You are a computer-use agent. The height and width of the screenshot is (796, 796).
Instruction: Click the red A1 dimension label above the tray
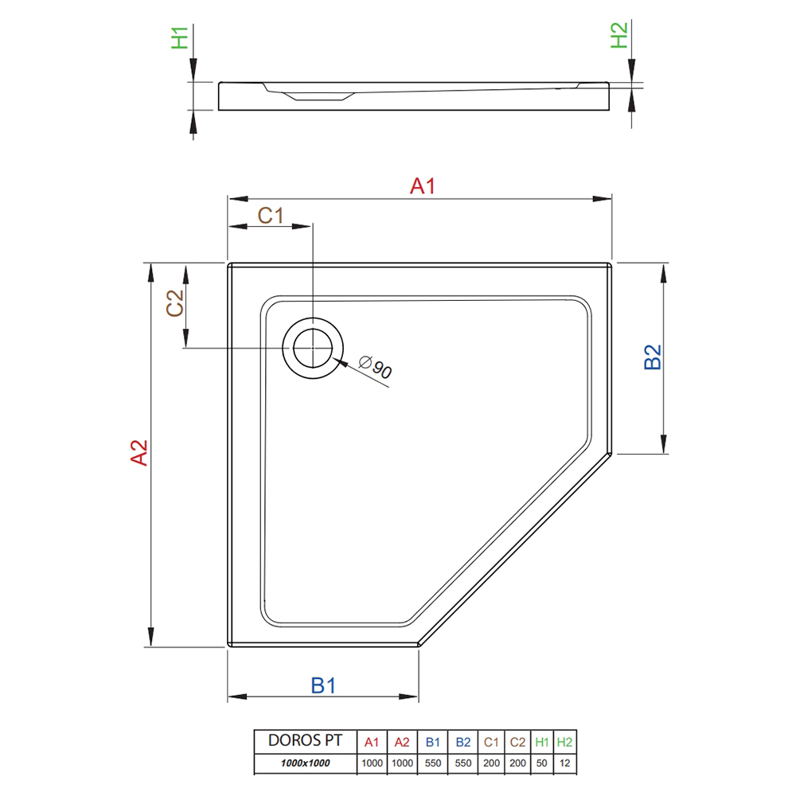[x=423, y=186]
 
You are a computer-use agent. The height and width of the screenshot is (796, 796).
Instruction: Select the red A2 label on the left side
[x=139, y=452]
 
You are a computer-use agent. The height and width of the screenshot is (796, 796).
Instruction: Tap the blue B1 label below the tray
[x=323, y=686]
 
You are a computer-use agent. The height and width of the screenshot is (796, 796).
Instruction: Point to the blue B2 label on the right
[x=653, y=357]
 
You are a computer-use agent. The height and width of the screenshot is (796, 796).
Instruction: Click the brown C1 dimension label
[x=271, y=216]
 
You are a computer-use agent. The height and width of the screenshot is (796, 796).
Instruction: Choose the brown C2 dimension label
[x=175, y=303]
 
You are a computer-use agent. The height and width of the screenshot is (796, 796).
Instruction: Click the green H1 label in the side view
[x=180, y=38]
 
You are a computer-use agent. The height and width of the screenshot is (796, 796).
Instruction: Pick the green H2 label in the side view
[x=618, y=36]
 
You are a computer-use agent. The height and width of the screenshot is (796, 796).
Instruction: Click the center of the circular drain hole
[x=313, y=349]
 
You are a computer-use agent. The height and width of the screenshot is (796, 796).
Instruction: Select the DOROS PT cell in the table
[x=305, y=740]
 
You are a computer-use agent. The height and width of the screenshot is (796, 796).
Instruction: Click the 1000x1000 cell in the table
[x=305, y=763]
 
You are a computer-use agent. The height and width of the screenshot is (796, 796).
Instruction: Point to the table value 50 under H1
[x=541, y=763]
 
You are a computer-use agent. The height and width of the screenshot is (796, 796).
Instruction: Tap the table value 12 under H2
[x=564, y=763]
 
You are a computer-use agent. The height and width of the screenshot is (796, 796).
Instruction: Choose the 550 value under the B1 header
[x=432, y=763]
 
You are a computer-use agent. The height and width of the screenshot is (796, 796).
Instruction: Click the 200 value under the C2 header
[x=517, y=763]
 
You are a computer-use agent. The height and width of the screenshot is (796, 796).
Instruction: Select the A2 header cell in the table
[x=402, y=742]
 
